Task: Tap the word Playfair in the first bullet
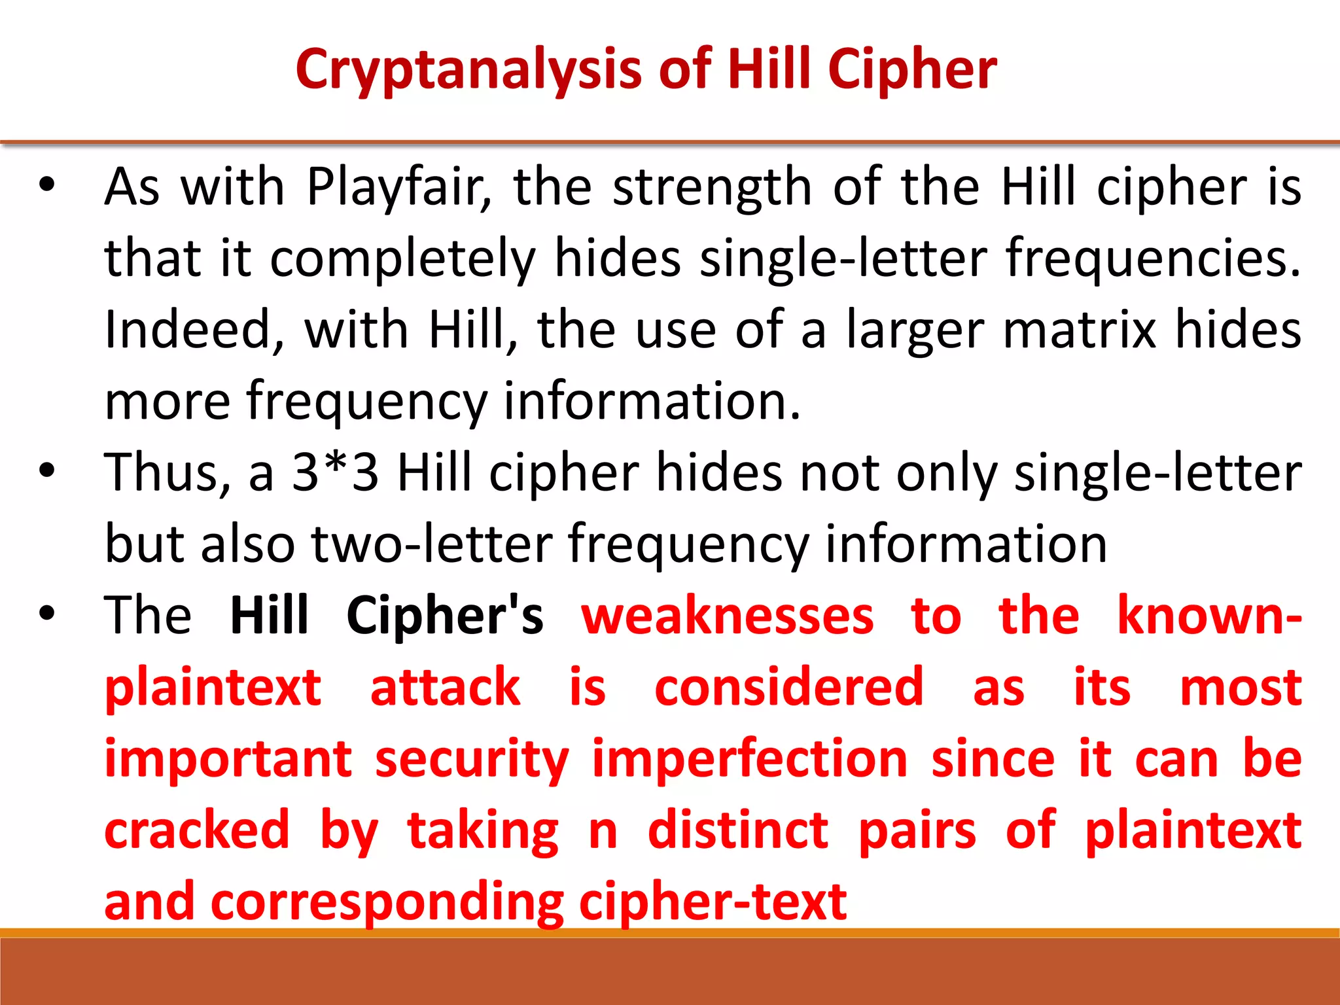[x=398, y=188]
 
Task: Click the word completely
[x=402, y=260]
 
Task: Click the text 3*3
[x=335, y=472]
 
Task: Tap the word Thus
[x=167, y=472]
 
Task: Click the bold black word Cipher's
[x=445, y=616]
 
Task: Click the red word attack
[x=445, y=688]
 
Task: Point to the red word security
[x=472, y=760]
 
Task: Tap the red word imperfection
[x=750, y=760]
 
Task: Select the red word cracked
[x=197, y=830]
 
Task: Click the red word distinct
[x=738, y=830]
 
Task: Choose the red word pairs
[x=917, y=830]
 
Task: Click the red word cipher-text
[x=713, y=902]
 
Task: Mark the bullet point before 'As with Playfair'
[x=46, y=185]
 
